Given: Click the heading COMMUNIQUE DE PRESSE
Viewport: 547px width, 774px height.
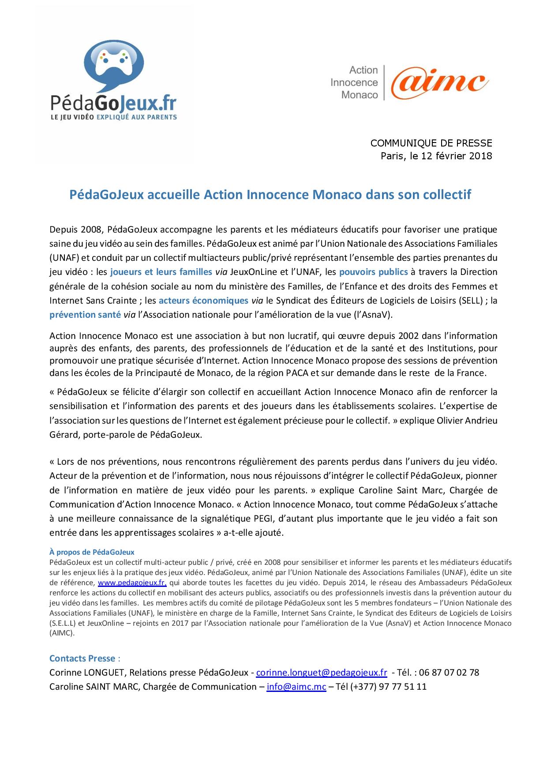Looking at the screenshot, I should pyautogui.click(x=431, y=143).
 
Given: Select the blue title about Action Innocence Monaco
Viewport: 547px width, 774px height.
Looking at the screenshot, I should pyautogui.click(x=270, y=195).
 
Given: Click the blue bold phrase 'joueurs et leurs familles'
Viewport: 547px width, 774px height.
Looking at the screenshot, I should pyautogui.click(x=161, y=272).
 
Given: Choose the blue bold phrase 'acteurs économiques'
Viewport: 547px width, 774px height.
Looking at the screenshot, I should pyautogui.click(x=203, y=301).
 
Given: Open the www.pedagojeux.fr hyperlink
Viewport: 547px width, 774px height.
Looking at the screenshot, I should pyautogui.click(x=132, y=582).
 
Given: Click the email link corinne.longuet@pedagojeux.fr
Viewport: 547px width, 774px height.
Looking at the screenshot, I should pyautogui.click(x=322, y=673).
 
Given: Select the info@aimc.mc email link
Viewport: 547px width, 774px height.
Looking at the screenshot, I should pyautogui.click(x=296, y=687).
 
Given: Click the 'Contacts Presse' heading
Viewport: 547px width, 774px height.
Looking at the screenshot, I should pyautogui.click(x=82, y=658).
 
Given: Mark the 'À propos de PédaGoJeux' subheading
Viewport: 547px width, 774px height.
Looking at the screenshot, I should pyautogui.click(x=92, y=552).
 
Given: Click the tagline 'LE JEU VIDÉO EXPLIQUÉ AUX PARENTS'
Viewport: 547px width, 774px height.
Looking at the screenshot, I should pyautogui.click(x=113, y=117).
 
